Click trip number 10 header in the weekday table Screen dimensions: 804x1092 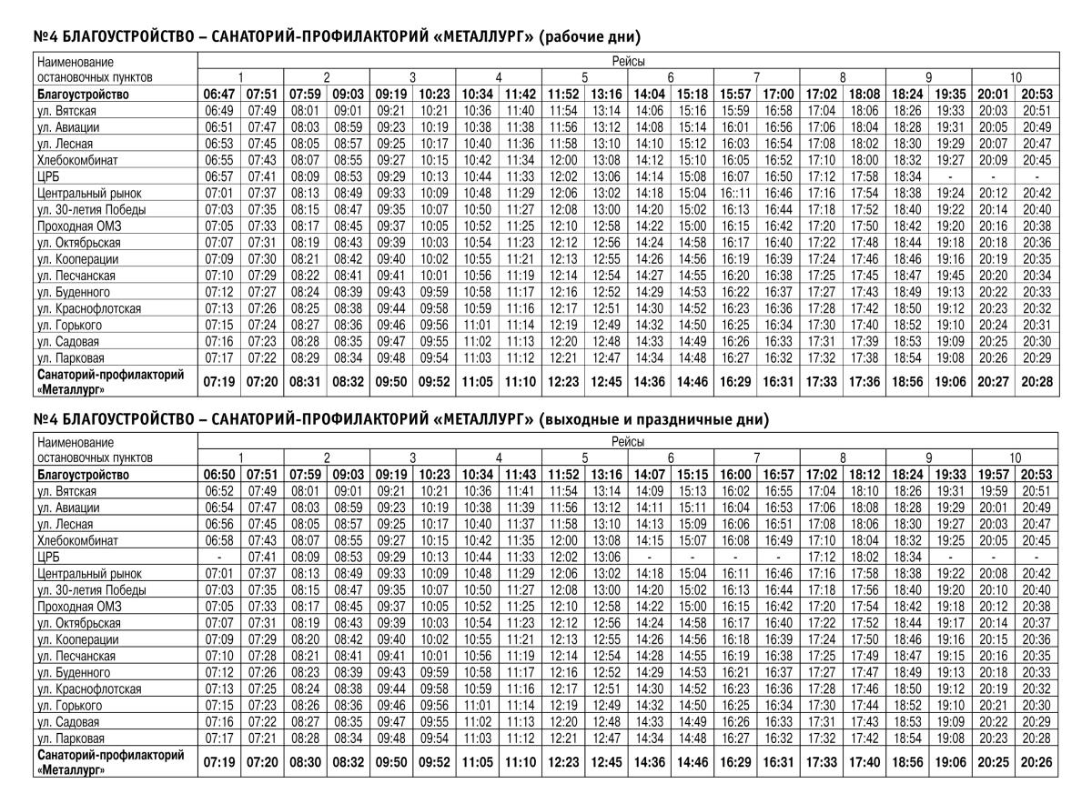(x=1016, y=77)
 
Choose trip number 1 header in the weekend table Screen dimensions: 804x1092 (x=240, y=457)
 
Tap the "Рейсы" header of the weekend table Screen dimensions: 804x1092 (x=627, y=441)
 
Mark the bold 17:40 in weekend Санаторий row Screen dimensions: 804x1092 (x=864, y=761)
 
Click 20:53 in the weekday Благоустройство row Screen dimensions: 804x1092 (x=1036, y=94)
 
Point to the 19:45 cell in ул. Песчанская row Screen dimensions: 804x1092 (x=950, y=274)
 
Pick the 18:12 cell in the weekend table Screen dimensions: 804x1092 (x=864, y=475)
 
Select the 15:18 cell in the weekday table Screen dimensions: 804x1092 (x=693, y=94)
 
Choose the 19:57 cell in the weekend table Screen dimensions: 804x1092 (x=994, y=475)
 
